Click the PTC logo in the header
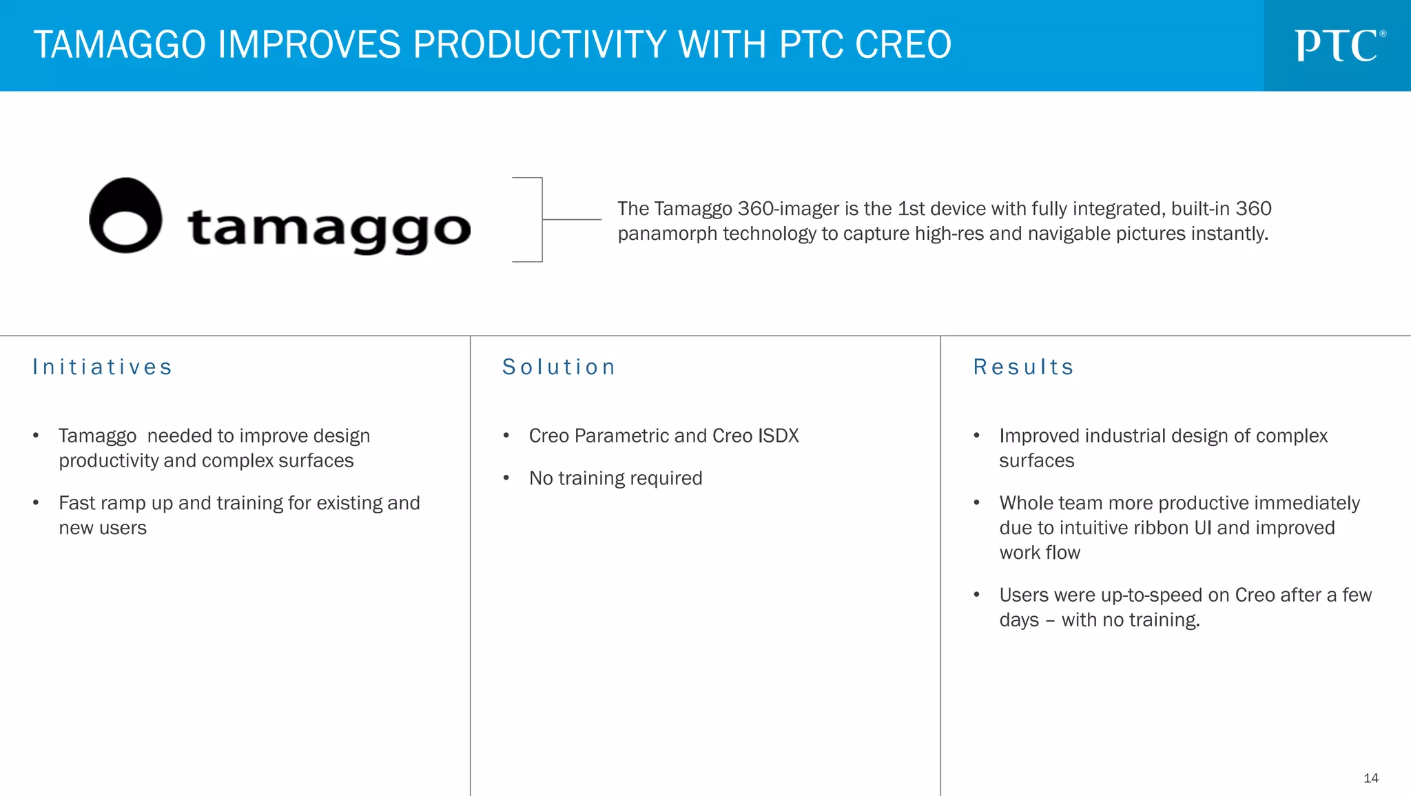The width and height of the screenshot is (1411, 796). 1339,45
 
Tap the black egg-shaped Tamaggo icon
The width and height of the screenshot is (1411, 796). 125,216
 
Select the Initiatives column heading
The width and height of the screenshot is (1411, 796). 103,367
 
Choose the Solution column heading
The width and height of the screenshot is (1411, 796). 559,367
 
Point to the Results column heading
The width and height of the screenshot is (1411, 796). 1024,367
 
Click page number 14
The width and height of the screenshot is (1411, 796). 1370,778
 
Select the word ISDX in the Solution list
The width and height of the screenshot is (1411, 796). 778,436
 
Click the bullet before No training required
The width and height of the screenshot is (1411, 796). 506,478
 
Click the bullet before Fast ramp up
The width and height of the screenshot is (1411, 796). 36,503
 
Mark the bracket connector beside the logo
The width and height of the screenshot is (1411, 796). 542,219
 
